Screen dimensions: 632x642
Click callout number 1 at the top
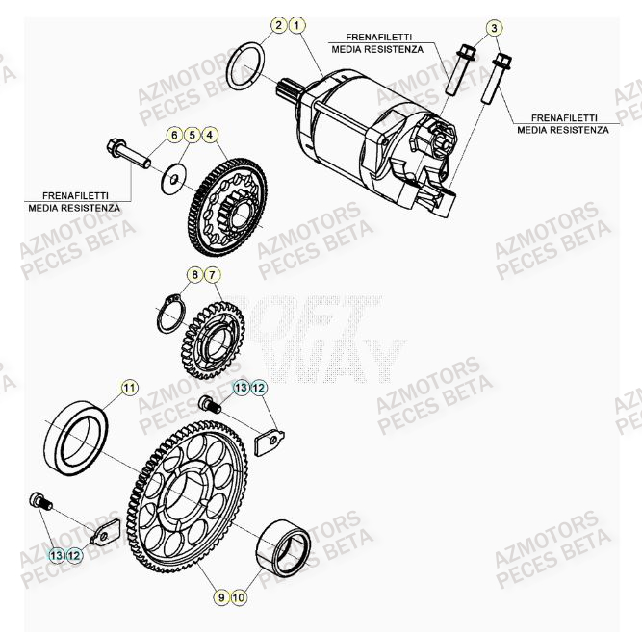297,25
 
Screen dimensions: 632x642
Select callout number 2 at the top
279,25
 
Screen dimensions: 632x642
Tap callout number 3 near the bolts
494,28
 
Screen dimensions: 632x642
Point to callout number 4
210,135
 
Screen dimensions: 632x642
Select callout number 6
174,135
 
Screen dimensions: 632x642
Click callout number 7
213,276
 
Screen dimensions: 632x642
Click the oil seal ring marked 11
76,439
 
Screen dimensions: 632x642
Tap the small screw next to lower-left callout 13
40,500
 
